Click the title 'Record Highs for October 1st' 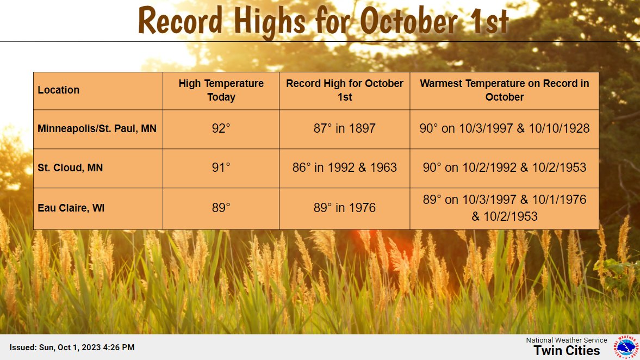tap(324, 21)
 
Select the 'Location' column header tap(58, 90)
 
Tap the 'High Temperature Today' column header tap(221, 90)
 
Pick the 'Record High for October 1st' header tap(345, 90)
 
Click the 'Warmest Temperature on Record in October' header tap(505, 90)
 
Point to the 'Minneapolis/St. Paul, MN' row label tap(97, 128)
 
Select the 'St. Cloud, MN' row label tap(70, 167)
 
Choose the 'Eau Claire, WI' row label tap(71, 208)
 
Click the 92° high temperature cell tap(221, 128)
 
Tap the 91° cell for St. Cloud tap(221, 167)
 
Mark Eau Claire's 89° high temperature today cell tap(221, 208)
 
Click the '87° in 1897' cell tap(345, 128)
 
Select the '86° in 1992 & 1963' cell tap(345, 167)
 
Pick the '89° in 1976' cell tap(345, 208)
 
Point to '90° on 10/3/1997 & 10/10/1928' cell tap(505, 128)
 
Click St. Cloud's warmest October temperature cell tap(505, 167)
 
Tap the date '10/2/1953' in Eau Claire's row tap(510, 216)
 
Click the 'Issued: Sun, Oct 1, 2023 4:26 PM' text tap(72, 347)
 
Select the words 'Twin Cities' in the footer tap(567, 351)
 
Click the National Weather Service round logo tap(626, 347)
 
